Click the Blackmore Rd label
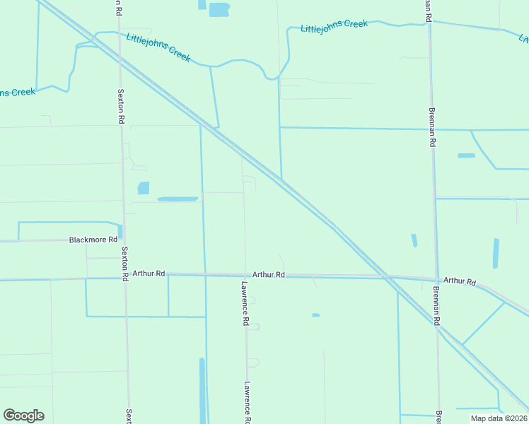93,240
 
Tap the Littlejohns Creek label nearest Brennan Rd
335,26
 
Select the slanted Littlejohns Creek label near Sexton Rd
158,47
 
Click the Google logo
23,416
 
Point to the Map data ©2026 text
499,418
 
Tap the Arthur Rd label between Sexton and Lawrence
149,273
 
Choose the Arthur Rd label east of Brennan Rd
460,281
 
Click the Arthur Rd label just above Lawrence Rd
269,274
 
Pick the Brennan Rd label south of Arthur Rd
438,307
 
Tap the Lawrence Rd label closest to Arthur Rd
243,304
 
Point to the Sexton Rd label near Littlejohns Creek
120,106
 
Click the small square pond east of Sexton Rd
144,188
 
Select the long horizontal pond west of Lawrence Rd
178,199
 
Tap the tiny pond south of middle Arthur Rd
315,315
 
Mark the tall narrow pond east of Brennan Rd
496,253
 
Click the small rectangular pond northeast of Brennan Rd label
466,155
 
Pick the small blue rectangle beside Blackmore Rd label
120,231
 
